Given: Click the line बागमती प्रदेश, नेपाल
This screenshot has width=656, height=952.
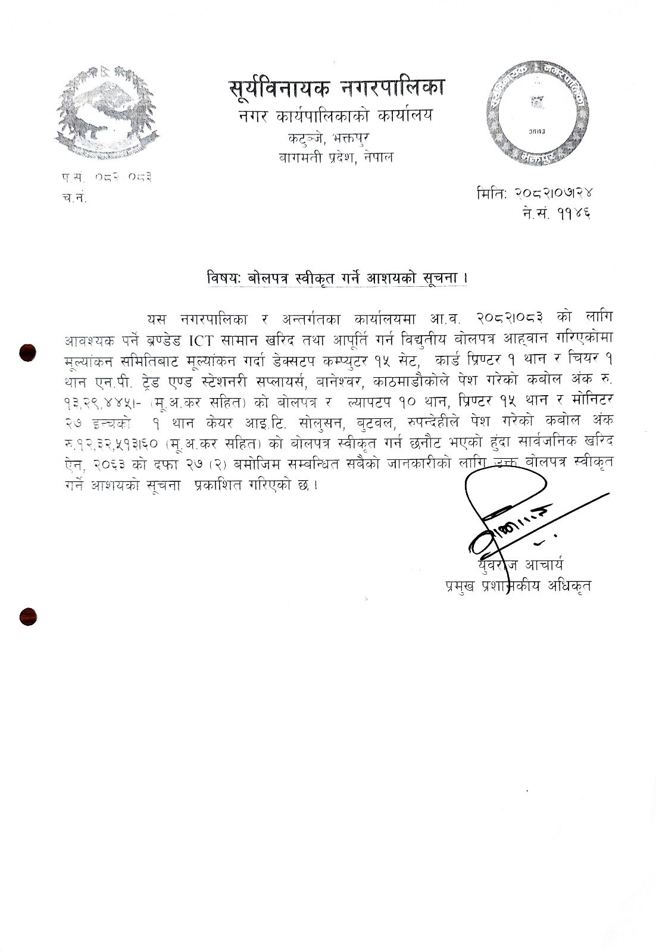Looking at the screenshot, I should click(336, 158).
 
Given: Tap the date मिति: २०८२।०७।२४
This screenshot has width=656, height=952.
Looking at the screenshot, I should click(535, 193).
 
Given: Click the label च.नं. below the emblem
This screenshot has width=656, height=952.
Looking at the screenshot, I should click(74, 198).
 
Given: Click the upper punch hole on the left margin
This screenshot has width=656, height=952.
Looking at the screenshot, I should click(28, 352).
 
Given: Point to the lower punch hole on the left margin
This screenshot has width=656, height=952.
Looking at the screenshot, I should click(28, 616).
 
